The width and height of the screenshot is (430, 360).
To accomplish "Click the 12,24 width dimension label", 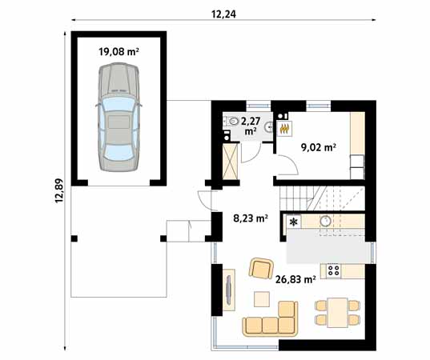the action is click(223, 14).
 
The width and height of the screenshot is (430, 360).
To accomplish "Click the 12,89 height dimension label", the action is click(59, 190).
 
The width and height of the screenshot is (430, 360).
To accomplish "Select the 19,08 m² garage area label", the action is click(119, 51).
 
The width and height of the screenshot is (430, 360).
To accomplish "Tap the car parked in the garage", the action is click(119, 117).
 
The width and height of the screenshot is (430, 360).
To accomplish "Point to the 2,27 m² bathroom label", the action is click(250, 126).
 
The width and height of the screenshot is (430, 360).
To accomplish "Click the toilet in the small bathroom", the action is click(232, 121).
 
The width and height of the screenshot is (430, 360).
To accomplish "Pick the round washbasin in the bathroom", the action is click(269, 127).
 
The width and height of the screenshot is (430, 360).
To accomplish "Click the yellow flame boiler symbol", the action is click(285, 129).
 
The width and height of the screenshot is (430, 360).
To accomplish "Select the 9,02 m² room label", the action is click(319, 148).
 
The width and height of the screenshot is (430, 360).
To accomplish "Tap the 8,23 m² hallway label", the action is click(251, 218).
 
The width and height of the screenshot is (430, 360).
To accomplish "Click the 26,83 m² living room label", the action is click(295, 279).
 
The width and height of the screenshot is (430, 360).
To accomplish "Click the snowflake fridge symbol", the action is click(294, 222).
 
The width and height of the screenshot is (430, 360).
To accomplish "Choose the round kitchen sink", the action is click(326, 220).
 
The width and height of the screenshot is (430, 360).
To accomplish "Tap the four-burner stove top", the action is click(333, 270).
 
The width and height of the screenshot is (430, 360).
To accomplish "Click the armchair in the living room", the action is click(261, 268).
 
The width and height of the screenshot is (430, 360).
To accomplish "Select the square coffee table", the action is click(262, 299).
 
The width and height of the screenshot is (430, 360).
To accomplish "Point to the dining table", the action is click(338, 313).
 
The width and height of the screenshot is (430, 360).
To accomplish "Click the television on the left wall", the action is click(229, 290).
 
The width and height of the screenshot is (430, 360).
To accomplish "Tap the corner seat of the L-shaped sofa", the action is click(287, 325).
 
